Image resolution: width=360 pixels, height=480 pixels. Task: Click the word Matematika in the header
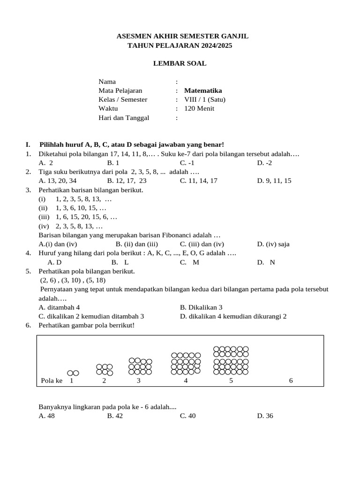tap(203, 90)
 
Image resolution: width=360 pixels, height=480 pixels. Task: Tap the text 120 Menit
tap(199, 108)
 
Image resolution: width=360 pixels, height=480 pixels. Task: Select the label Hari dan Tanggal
tap(124, 118)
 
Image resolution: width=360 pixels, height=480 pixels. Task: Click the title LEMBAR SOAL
tap(180, 63)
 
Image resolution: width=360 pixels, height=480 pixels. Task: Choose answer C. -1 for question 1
tap(187, 163)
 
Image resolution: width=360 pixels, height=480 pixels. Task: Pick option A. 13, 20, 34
tap(58, 180)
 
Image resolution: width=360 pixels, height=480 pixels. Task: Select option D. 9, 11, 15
tap(274, 180)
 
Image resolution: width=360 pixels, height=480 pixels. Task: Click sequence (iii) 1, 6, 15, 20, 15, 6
tap(78, 217)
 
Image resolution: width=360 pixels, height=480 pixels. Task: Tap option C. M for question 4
tap(189, 262)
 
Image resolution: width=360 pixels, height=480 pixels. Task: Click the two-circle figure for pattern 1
tap(73, 373)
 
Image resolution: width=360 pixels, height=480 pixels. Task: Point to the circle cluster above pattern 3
tap(140, 367)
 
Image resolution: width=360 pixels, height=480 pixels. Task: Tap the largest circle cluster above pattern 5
tap(231, 361)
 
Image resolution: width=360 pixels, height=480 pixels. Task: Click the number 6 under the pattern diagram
tap(291, 381)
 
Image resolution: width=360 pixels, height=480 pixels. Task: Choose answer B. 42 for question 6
tap(115, 416)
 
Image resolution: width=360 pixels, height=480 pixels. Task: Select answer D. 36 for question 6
tap(265, 416)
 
